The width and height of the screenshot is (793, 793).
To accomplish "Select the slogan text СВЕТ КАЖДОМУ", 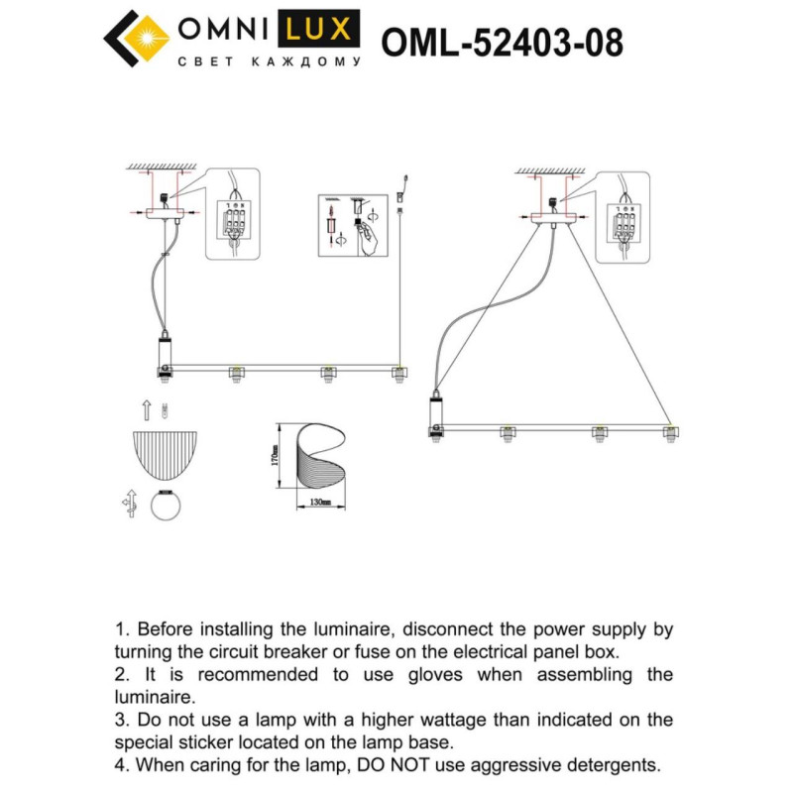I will click(x=268, y=61).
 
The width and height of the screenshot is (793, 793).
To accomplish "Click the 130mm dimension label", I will click(x=320, y=503).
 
